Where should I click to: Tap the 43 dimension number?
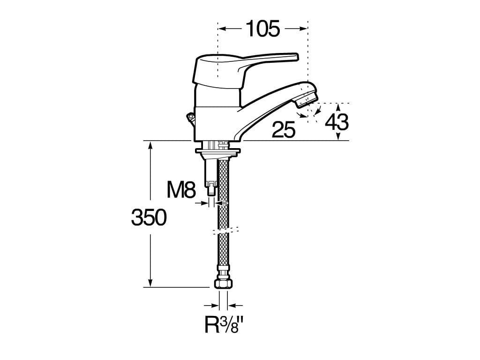[337, 122]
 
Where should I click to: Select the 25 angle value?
[284, 130]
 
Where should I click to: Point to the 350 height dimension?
[149, 218]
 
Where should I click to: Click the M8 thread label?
[180, 190]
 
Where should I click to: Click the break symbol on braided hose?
[225, 230]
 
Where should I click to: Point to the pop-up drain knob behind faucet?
[190, 117]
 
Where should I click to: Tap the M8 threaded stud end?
[211, 190]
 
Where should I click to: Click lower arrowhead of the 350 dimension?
[150, 283]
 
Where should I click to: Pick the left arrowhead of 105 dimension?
[223, 29]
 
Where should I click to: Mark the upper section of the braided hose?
[224, 187]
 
